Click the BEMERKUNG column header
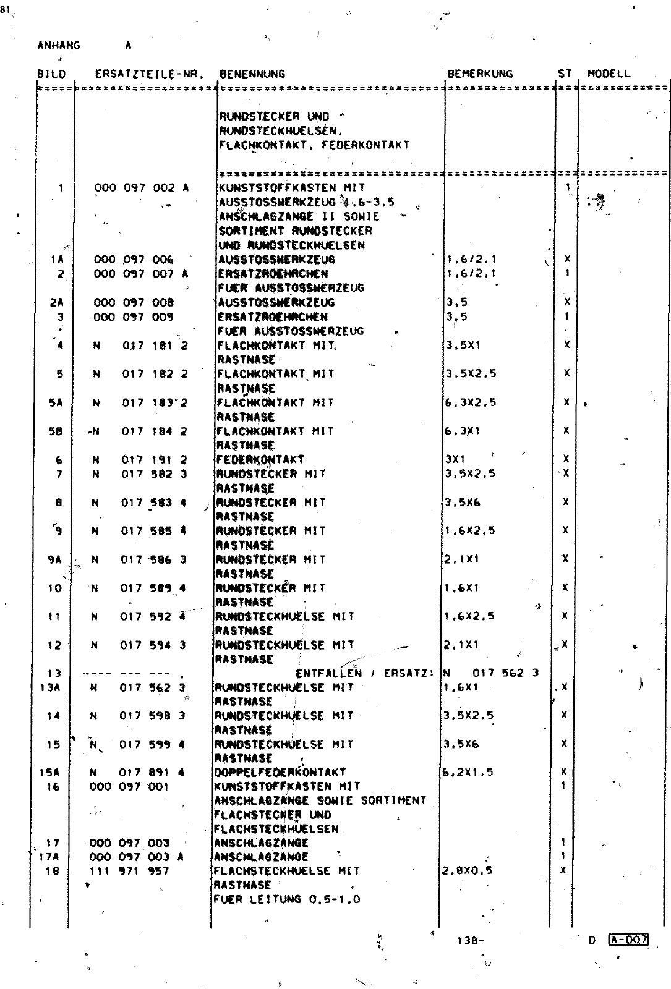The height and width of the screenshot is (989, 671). tap(480, 74)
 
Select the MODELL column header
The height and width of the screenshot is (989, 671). tap(609, 74)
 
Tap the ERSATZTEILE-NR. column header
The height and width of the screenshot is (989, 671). tap(149, 74)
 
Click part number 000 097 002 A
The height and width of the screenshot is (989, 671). tap(141, 187)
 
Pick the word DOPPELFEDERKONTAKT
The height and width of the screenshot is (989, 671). tap(280, 772)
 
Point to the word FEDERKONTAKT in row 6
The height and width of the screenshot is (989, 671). tap(260, 459)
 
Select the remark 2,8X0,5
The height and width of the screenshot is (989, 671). tap(468, 871)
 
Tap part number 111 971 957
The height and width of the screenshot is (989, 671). tap(129, 871)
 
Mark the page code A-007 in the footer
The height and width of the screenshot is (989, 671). tap(628, 940)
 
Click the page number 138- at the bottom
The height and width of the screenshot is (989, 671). tap(470, 941)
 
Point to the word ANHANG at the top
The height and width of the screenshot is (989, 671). tap(59, 45)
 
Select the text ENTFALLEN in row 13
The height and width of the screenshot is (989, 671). tap(329, 673)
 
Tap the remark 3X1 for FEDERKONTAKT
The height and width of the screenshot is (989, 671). tap(455, 459)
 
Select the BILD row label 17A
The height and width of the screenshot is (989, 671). tap(53, 857)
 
